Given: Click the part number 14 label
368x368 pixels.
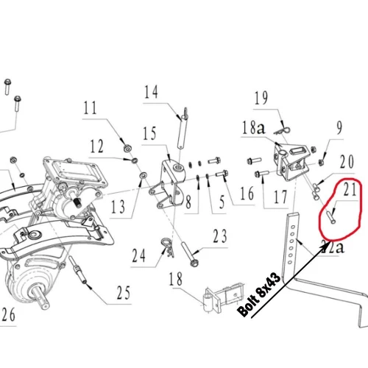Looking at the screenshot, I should point(151,93).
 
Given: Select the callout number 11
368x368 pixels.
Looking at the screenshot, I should point(90,109).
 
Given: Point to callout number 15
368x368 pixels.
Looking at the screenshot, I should point(150,135).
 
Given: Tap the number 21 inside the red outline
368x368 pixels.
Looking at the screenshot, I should point(350,192).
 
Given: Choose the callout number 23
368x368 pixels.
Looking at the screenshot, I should point(220,237).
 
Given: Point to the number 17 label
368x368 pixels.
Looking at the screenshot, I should point(280,197).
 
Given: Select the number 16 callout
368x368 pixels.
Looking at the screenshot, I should point(247,194).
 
